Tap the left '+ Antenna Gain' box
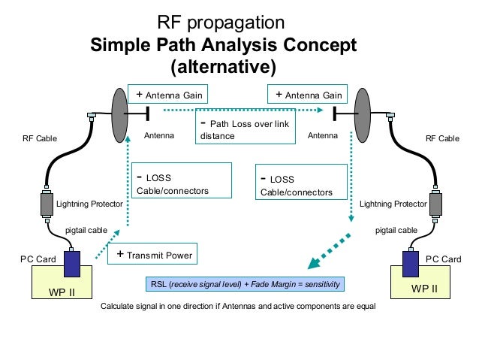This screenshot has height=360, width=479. [167, 95]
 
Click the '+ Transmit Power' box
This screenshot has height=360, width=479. [152, 255]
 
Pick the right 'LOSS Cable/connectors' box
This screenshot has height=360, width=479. [302, 184]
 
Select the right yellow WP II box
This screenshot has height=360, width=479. [426, 285]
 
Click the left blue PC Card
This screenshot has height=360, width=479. [72, 264]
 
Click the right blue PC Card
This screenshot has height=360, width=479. [411, 264]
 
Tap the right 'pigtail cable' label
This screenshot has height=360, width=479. [396, 231]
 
